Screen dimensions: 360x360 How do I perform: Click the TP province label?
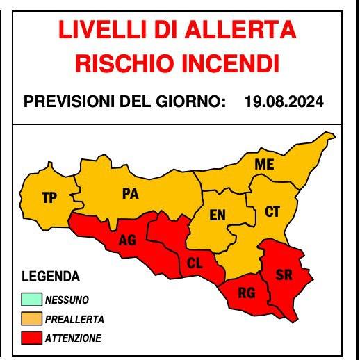(49, 198)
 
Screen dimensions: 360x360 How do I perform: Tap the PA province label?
(130, 195)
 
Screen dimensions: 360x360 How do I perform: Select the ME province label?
(264, 165)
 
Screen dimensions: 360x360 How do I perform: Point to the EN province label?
(218, 215)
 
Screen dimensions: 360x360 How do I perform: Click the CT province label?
(272, 212)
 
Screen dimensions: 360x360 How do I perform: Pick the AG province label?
(127, 240)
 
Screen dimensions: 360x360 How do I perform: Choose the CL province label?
(195, 263)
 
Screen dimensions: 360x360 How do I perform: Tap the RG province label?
(247, 293)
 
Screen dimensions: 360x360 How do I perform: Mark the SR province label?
(284, 275)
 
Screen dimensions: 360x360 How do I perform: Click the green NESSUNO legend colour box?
(32, 301)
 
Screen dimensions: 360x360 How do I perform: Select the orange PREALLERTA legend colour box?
(32, 320)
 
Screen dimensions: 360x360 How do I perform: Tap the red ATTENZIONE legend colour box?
(32, 338)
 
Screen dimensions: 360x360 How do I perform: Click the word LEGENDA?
(51, 277)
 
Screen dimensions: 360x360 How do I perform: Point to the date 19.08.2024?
(284, 102)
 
